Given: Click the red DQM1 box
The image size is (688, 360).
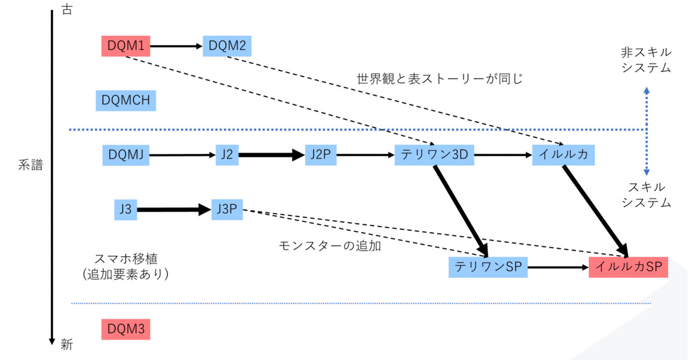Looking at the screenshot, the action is click(x=126, y=46).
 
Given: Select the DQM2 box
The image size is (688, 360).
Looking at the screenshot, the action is click(x=227, y=46).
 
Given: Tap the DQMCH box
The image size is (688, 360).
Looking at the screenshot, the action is click(x=126, y=100).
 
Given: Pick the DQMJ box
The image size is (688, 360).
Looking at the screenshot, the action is click(x=126, y=155).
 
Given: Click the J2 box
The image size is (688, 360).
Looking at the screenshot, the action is click(x=227, y=155).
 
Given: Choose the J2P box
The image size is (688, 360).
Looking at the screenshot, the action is click(x=321, y=155).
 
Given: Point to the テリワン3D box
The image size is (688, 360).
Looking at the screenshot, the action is click(x=434, y=155).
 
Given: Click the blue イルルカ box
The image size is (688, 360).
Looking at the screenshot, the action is click(x=563, y=155).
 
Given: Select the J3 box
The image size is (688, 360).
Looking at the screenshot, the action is click(x=126, y=210).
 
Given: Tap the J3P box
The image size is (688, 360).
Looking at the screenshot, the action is click(x=227, y=210).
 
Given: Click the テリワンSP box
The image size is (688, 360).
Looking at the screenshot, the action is click(x=488, y=267).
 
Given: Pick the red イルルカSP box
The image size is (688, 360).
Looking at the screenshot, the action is click(x=628, y=267).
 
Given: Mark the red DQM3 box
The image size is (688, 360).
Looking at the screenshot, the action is click(x=126, y=329).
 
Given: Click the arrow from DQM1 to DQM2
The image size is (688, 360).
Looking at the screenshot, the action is click(x=176, y=46).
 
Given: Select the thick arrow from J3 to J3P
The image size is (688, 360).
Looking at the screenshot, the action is click(x=174, y=210).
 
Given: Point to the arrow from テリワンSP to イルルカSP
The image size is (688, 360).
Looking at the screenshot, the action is click(x=558, y=268).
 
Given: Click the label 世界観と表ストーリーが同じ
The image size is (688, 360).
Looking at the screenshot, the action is click(x=440, y=79).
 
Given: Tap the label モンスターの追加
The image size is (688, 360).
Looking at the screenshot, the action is click(x=330, y=246).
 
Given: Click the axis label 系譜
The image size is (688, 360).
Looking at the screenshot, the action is click(x=31, y=165).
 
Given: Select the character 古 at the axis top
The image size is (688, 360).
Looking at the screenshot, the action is click(x=67, y=9).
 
